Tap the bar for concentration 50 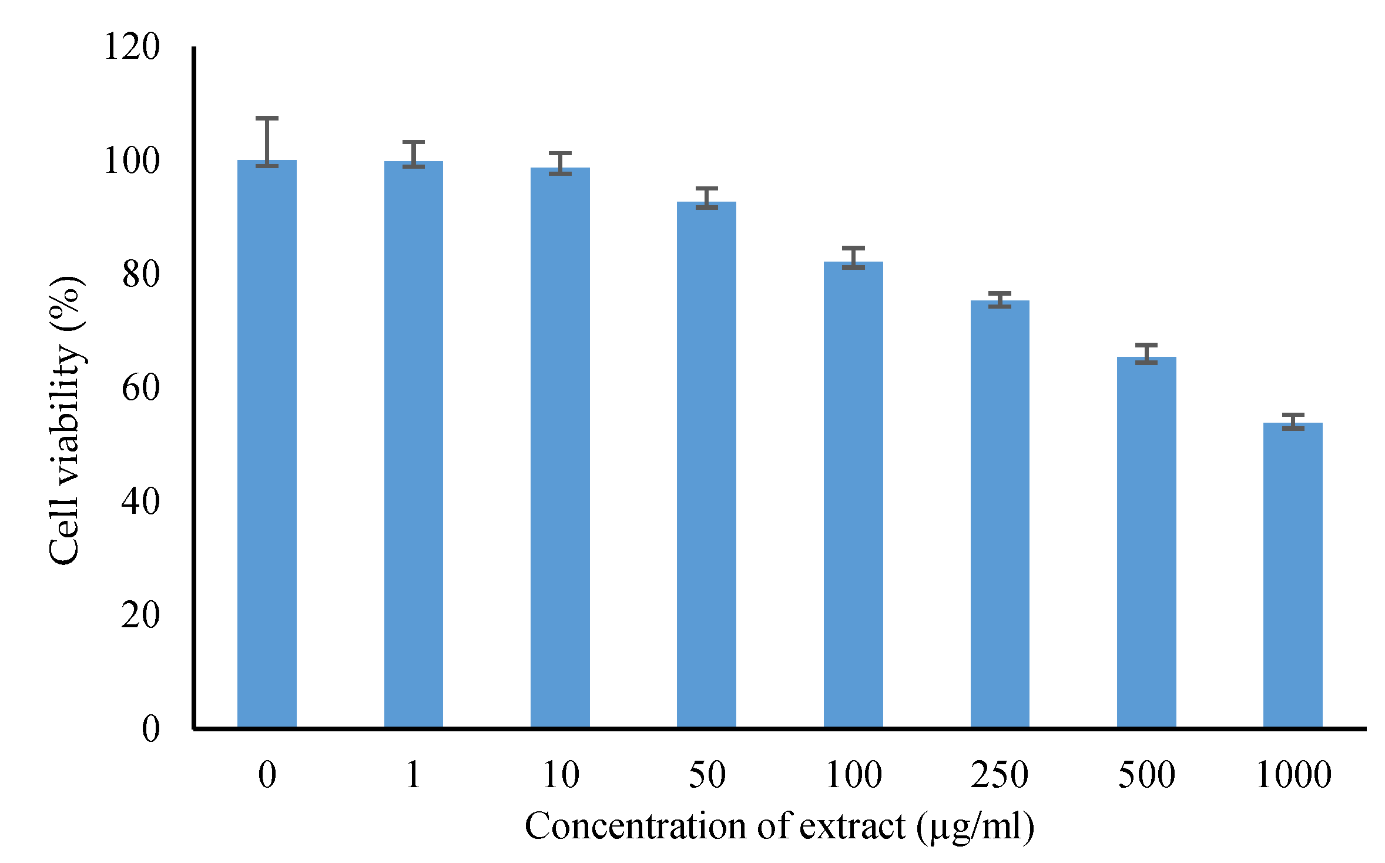coord(706,464)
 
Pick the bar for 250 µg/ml coord(1000,514)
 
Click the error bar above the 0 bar coord(267,141)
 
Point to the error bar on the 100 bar coord(853,257)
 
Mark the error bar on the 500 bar coord(1146,354)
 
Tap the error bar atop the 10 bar coord(560,163)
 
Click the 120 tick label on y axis coord(132,46)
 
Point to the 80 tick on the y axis coord(141,274)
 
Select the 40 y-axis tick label coord(141,501)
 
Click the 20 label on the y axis coord(141,615)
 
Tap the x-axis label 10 coord(561,774)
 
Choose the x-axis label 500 coord(1146,774)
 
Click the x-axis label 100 coord(853,774)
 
